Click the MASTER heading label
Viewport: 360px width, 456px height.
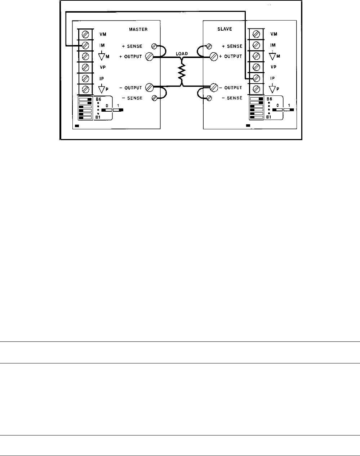[138, 29]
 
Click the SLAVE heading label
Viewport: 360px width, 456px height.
[225, 29]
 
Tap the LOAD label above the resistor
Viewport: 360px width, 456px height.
[182, 54]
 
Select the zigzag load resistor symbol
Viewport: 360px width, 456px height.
[182, 72]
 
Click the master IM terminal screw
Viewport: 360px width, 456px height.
[86, 45]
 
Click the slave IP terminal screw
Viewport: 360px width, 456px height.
[257, 78]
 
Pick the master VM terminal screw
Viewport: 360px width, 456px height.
[86, 34]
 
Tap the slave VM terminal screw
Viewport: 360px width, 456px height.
[257, 34]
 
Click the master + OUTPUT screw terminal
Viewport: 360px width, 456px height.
[149, 56]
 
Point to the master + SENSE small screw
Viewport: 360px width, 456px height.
[154, 46]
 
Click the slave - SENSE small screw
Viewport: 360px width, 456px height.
[209, 98]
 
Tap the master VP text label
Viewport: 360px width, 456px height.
[102, 67]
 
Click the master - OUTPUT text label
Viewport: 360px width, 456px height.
[130, 88]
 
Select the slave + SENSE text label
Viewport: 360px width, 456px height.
[232, 46]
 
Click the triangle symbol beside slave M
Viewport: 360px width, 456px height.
[272, 56]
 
